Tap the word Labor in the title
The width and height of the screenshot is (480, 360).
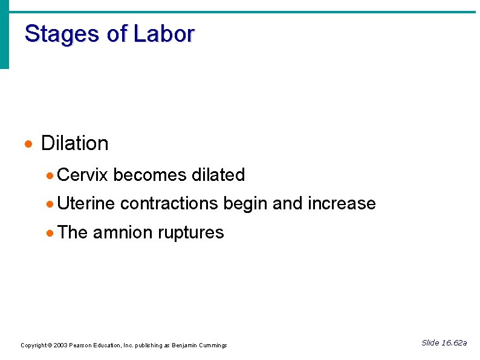(x=164, y=34)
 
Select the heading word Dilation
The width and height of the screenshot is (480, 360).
(x=74, y=143)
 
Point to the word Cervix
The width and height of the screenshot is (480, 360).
(x=82, y=175)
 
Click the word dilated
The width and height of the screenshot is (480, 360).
(x=218, y=175)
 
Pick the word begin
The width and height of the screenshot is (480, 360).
(x=245, y=204)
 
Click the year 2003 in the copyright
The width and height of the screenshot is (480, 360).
(x=60, y=345)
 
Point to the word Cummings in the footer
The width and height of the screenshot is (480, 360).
(x=212, y=345)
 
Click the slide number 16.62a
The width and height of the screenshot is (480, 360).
(x=454, y=343)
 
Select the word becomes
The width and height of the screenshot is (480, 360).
(x=150, y=175)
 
